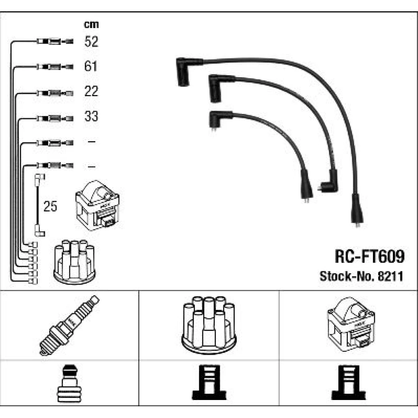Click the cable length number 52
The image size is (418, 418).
pyautogui.click(x=91, y=41)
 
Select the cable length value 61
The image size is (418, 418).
pyautogui.click(x=91, y=66)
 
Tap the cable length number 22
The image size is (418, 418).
pyautogui.click(x=91, y=91)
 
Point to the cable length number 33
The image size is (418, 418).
pyautogui.click(x=91, y=116)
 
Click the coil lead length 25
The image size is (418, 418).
pyautogui.click(x=50, y=206)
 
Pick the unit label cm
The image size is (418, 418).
pyautogui.click(x=91, y=25)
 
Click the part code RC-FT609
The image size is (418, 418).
pyautogui.click(x=370, y=256)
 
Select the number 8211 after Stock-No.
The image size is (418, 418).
pyautogui.click(x=390, y=276)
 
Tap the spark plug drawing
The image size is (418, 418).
pyautogui.click(x=69, y=325)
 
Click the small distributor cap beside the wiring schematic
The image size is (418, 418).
pyautogui.click(x=74, y=262)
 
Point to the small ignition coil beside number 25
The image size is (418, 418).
pyautogui.click(x=97, y=205)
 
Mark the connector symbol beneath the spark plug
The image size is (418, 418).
pyautogui.click(x=69, y=383)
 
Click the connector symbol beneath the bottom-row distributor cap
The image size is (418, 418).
pyautogui.click(x=209, y=382)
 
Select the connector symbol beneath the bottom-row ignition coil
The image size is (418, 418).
pyautogui.click(x=349, y=382)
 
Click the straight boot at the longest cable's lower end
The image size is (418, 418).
pyautogui.click(x=357, y=210)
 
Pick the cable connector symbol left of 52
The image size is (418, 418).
pyautogui.click(x=55, y=41)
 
